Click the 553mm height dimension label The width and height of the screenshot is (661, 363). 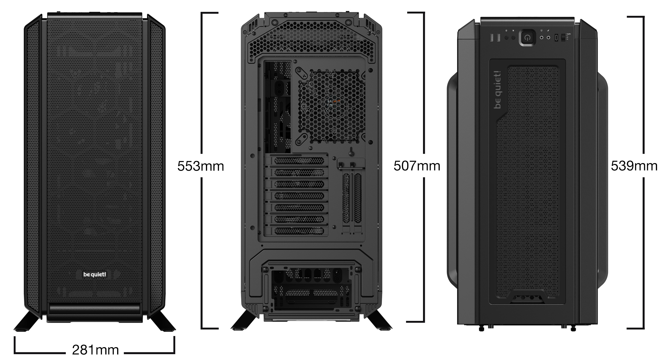tap(200, 166)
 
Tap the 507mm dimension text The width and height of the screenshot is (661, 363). tap(417, 166)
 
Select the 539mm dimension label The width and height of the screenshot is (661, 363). tap(634, 166)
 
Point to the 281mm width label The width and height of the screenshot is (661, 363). tap(95, 350)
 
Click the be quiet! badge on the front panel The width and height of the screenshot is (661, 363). tap(95, 275)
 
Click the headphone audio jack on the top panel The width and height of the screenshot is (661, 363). tap(542, 37)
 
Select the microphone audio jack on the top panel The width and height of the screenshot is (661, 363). tap(548, 37)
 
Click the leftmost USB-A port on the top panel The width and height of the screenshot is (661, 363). tap(492, 38)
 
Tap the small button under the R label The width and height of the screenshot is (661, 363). tap(513, 37)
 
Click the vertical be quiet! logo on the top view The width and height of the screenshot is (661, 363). tap(497, 90)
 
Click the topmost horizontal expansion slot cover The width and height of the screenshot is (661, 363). tap(299, 161)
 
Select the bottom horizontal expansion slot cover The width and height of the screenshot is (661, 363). tap(299, 231)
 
